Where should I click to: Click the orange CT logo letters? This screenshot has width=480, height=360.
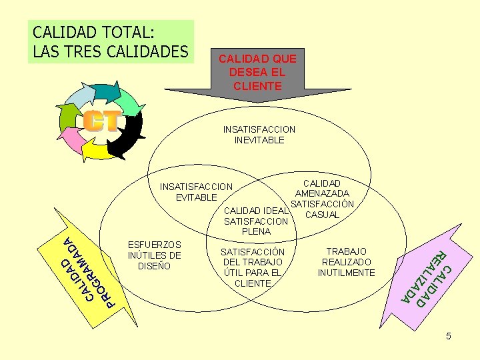102,121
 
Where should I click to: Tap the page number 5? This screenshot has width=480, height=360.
449,337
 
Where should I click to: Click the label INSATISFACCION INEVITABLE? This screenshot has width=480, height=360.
259,135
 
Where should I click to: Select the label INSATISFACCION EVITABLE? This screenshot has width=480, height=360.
197,192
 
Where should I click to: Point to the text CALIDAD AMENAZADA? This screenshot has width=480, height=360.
322,188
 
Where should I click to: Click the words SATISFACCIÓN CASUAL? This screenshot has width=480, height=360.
323,209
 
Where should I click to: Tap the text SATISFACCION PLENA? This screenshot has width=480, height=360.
257,226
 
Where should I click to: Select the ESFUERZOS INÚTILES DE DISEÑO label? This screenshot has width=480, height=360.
154,255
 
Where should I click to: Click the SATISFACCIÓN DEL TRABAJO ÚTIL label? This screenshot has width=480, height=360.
253,267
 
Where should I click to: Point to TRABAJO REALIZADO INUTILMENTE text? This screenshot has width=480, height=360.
346,262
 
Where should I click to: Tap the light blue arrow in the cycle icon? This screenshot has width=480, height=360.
79,97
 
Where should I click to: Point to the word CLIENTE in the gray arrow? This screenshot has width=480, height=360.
258,86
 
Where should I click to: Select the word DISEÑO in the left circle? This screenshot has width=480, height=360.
153,266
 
